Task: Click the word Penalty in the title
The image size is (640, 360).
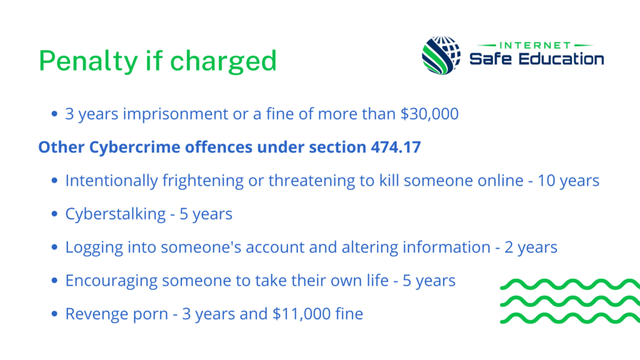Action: click(x=88, y=61)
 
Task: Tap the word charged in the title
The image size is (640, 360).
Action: click(x=223, y=61)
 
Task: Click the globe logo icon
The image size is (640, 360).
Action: click(x=441, y=55)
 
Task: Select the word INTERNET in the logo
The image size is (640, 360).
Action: click(x=535, y=45)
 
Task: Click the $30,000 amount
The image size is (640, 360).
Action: click(x=429, y=114)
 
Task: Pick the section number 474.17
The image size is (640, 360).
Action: click(x=396, y=147)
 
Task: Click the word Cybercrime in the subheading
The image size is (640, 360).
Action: click(x=135, y=147)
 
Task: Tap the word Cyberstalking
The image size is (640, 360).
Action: click(x=116, y=214)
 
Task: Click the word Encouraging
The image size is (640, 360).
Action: click(x=111, y=281)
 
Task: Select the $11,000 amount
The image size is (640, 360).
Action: click(x=302, y=314)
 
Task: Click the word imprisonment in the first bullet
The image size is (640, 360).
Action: click(x=176, y=114)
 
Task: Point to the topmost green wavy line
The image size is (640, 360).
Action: click(x=570, y=284)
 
